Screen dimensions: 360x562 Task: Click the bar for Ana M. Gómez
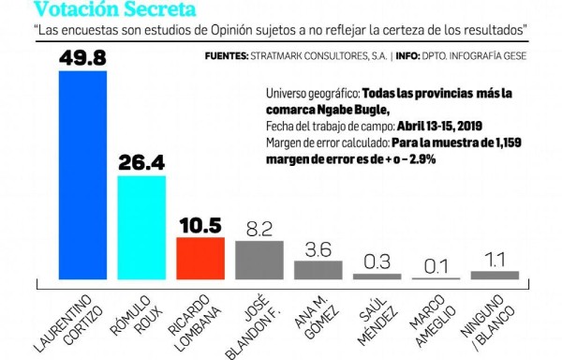pos(318,270)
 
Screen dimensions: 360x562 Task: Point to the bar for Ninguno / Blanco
pos(495,276)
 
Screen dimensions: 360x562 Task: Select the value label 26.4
pos(140,162)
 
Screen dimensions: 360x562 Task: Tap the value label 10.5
pos(200,225)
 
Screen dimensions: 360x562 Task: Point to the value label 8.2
pos(259,229)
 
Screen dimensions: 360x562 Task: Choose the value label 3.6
pos(318,248)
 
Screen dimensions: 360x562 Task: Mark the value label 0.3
pos(377,262)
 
